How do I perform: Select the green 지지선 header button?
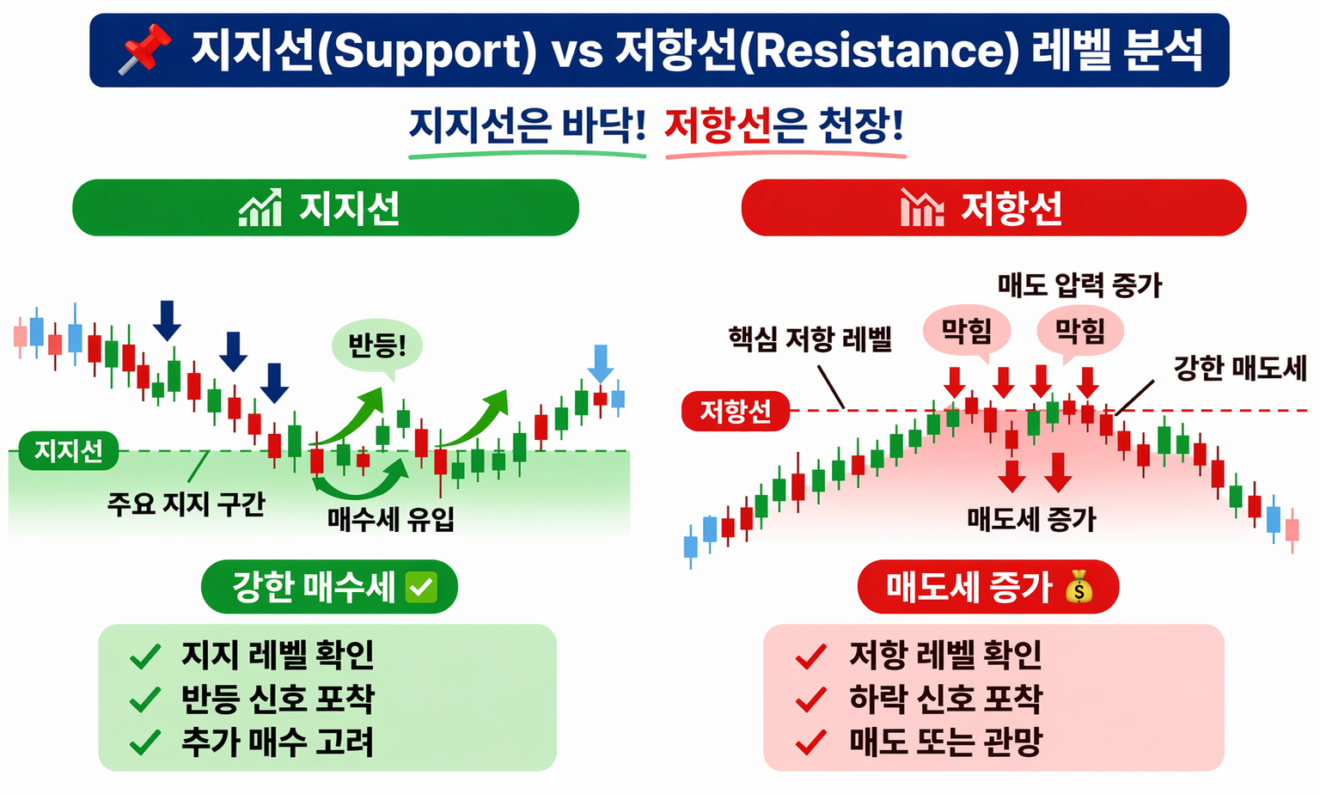326,208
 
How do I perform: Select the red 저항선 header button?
993,208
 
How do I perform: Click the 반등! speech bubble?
376,346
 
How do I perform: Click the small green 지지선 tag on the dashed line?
68,450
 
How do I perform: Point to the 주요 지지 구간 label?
186,504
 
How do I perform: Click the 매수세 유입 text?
391,519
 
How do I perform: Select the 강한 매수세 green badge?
329,587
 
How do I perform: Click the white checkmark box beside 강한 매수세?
421,588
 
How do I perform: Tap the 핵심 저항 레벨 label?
810,339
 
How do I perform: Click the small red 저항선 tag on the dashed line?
735,412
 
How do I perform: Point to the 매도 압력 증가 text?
1079,285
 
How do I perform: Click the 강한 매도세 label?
1239,369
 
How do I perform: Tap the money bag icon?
1079,588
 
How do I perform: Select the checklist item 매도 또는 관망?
945,742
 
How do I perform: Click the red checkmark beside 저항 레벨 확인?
810,657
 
